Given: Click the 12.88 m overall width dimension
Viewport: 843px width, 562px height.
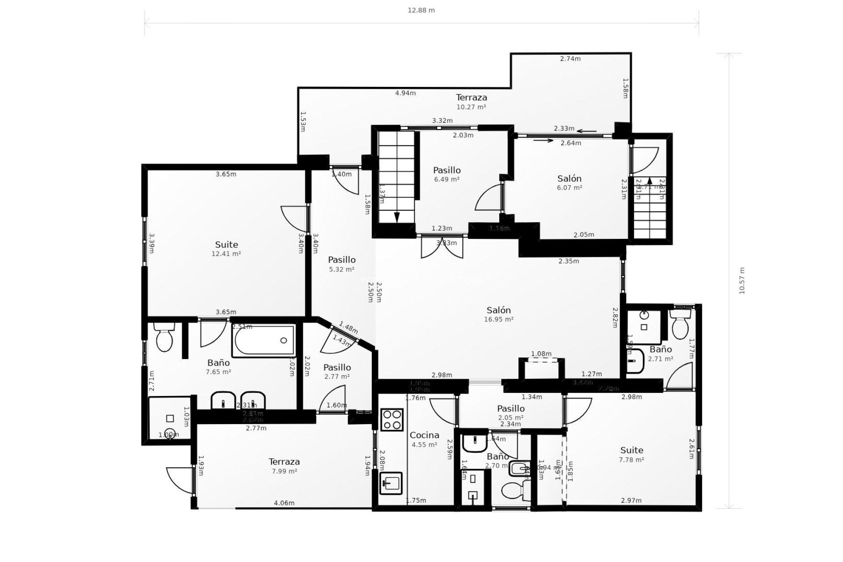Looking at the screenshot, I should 421,10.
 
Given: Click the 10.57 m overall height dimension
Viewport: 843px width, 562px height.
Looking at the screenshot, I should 742,281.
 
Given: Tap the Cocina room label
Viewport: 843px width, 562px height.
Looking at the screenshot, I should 424,435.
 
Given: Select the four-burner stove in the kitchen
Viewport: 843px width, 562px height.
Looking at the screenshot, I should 392,419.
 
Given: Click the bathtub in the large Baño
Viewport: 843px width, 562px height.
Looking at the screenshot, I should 264,341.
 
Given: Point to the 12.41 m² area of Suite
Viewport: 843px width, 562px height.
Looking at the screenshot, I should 226,254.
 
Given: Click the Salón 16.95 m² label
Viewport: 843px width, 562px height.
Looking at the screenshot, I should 498,314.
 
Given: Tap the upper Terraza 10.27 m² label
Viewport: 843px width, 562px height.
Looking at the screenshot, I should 471,101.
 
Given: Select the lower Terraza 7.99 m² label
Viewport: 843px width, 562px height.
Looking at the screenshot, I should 284,466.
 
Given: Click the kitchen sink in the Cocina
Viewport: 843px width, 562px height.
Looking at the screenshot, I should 391,483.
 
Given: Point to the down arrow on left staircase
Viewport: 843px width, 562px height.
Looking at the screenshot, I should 397,217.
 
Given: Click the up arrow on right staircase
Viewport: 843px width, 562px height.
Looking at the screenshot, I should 649,180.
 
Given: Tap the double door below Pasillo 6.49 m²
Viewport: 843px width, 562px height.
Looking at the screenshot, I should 441,249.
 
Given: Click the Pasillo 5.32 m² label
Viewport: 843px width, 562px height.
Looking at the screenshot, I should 342,264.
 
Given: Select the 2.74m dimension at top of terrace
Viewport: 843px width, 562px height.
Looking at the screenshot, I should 570,58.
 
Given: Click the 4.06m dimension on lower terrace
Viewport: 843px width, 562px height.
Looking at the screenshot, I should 284,503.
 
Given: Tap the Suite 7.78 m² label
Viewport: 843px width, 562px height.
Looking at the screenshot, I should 631,454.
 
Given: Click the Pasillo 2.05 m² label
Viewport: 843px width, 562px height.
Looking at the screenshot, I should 511,413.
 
